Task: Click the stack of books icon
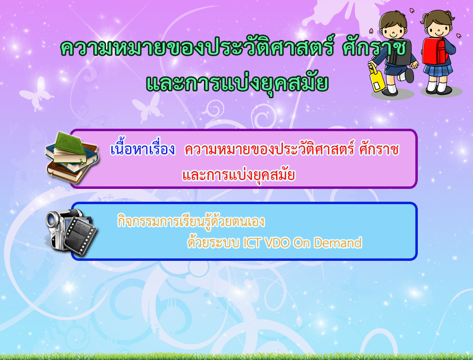tap(72, 158)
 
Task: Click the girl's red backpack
tap(435, 51)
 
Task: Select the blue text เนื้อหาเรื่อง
tap(143, 149)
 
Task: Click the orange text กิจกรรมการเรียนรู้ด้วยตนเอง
tap(191, 221)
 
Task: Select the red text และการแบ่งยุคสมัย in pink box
tap(238, 175)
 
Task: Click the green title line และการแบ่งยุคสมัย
tap(237, 82)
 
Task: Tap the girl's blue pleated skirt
tap(438, 70)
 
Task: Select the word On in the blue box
tap(302, 243)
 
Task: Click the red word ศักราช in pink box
tap(379, 149)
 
